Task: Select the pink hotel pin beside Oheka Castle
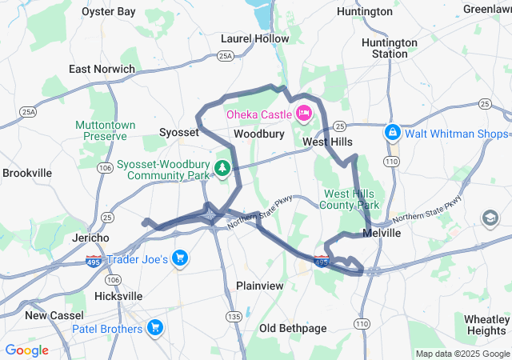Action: [x=304, y=114]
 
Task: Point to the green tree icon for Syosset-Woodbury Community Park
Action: [x=222, y=169]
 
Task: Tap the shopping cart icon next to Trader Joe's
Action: [x=180, y=258]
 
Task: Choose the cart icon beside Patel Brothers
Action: [x=154, y=328]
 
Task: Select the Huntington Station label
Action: [x=390, y=48]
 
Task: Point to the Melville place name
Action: [x=382, y=233]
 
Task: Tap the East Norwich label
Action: [x=102, y=69]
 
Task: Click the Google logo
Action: [x=26, y=350]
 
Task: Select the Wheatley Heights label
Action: [x=486, y=325]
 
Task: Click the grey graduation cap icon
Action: [x=488, y=218]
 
